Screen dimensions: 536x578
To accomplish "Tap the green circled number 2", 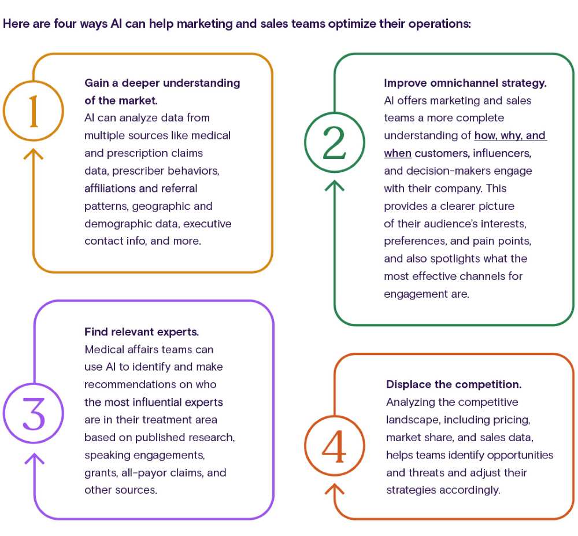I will point(335,142).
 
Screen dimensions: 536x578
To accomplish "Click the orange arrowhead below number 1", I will point(33,153).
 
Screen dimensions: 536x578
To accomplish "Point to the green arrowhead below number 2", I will point(335,184).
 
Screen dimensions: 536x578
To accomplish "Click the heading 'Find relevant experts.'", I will point(142,332).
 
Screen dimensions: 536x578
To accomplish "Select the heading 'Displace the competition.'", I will point(454,385).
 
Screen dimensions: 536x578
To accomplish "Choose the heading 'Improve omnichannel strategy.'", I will point(465,83).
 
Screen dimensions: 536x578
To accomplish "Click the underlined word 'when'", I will point(398,153).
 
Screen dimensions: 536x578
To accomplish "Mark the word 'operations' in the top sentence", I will point(442,25).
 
